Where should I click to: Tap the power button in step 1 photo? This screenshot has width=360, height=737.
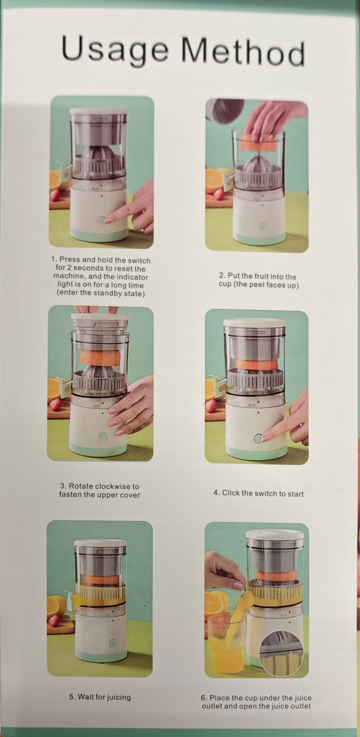101,221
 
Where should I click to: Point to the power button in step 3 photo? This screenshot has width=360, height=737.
102,437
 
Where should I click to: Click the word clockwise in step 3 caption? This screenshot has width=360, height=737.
117,487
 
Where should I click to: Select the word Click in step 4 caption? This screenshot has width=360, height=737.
231,493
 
